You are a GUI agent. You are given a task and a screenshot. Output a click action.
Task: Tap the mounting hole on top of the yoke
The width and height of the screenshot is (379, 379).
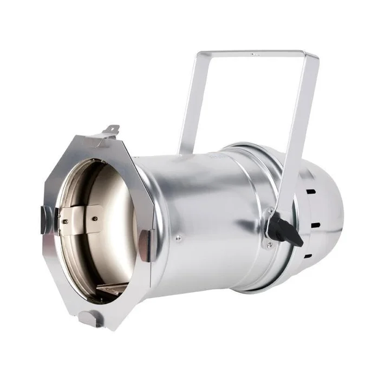tap(254, 53)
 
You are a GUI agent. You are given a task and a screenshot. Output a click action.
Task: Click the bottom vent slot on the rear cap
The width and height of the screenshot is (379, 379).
tap(308, 256)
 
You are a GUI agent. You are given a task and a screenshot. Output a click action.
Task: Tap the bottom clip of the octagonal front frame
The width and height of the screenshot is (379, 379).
tap(89, 318)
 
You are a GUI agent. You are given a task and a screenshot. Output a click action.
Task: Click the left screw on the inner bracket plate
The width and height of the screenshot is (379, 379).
tap(66, 221)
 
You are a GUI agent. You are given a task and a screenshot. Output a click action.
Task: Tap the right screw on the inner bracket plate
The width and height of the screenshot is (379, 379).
tap(94, 219)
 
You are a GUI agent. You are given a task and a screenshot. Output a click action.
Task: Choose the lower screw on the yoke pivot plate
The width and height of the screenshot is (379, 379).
tap(267, 245)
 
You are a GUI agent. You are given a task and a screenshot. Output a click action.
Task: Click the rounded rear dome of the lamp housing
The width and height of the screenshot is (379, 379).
tap(325, 217)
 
